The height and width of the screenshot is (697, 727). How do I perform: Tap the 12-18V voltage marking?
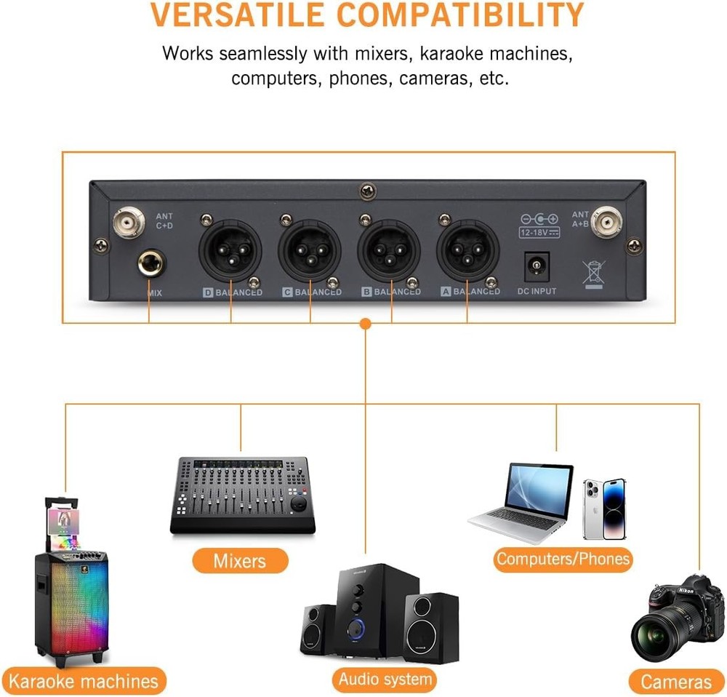tap(539, 233)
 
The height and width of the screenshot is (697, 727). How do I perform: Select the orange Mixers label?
tap(240, 561)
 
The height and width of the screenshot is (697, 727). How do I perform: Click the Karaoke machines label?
tap(83, 682)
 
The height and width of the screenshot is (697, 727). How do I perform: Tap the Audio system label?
tap(385, 680)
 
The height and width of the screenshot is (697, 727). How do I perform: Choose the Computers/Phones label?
tap(563, 559)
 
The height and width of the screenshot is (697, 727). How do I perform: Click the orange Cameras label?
tap(676, 682)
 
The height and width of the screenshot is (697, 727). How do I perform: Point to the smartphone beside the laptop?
tap(604, 509)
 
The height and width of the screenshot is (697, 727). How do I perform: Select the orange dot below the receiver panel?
tap(366, 323)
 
